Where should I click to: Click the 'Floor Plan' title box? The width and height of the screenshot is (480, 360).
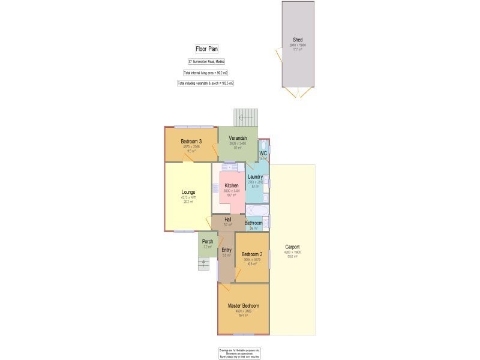pyautogui.click(x=205, y=49)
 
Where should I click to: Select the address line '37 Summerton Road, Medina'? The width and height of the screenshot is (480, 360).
pyautogui.click(x=206, y=62)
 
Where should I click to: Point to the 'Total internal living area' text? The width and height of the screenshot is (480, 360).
pyautogui.click(x=206, y=73)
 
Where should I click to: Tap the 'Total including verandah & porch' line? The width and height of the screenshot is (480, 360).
pyautogui.click(x=206, y=83)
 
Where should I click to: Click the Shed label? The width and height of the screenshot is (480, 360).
pyautogui.click(x=298, y=40)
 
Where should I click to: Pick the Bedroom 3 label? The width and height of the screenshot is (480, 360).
pyautogui.click(x=190, y=142)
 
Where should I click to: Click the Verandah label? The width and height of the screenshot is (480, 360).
pyautogui.click(x=238, y=139)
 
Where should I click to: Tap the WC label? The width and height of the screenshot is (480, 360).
pyautogui.click(x=263, y=154)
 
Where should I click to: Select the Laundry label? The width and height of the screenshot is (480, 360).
pyautogui.click(x=255, y=176)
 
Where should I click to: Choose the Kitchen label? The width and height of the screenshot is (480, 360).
pyautogui.click(x=232, y=185)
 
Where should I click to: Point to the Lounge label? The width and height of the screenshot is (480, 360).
pyautogui.click(x=188, y=193)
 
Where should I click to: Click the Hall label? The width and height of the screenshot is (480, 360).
pyautogui.click(x=228, y=220)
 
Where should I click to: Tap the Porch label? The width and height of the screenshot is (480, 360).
pyautogui.click(x=208, y=242)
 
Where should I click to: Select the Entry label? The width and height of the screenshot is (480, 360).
pyautogui.click(x=226, y=250)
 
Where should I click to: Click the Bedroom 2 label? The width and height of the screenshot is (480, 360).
pyautogui.click(x=252, y=254)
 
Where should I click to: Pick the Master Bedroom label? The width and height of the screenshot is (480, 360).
pyautogui.click(x=243, y=306)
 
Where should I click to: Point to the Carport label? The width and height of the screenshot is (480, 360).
pyautogui.click(x=292, y=247)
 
